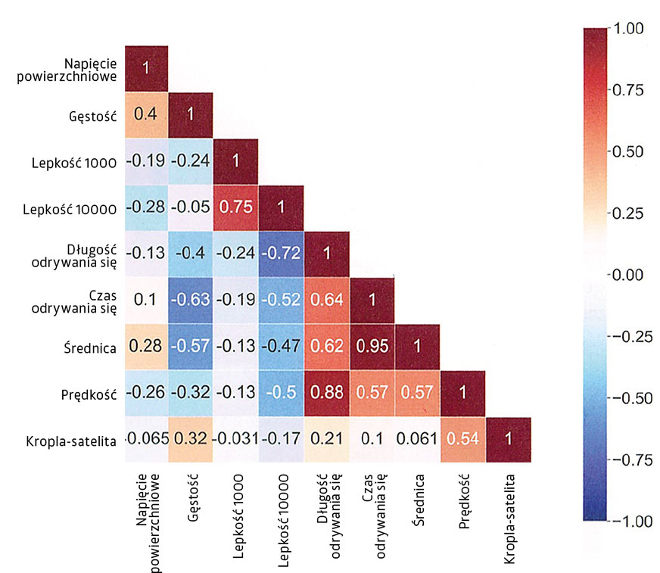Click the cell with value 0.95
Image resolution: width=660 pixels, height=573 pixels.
372,346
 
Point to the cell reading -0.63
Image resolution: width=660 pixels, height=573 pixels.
190,300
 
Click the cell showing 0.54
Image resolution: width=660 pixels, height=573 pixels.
462,438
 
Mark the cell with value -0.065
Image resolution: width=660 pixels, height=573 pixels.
145,438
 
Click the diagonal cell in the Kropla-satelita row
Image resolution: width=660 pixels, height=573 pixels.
508,438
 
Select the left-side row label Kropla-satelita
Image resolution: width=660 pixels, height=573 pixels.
71,439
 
